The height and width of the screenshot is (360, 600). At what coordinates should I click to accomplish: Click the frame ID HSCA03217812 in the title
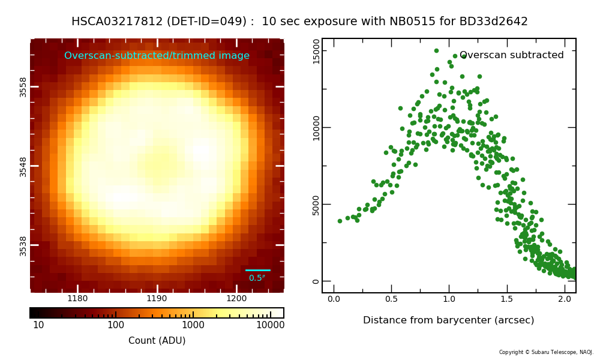117,21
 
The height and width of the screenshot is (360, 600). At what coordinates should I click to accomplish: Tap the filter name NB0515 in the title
413,21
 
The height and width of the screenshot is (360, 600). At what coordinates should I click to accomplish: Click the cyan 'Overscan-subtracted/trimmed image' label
157,55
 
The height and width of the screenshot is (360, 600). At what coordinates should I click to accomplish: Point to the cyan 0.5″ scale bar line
258,270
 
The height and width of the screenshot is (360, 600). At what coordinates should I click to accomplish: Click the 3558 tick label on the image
23,87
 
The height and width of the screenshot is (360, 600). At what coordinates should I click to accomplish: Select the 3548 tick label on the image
23,167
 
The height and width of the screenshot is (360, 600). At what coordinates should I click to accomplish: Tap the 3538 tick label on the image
23,246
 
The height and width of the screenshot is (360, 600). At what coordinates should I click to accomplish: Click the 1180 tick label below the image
77,298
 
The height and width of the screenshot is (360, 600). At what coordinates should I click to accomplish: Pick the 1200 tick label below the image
236,298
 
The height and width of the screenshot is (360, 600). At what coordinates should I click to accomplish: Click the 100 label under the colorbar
116,325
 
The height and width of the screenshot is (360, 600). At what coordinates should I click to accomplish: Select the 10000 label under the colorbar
270,325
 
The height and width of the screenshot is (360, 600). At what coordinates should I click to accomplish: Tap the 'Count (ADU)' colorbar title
157,340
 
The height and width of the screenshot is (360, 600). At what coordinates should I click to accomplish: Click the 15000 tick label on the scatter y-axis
316,51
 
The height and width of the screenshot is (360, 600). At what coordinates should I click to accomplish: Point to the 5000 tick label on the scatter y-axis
316,205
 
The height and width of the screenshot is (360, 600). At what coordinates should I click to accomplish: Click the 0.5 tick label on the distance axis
391,299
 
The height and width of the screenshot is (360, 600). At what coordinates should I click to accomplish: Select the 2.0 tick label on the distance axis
565,299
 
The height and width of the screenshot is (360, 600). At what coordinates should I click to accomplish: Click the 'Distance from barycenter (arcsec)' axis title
448,320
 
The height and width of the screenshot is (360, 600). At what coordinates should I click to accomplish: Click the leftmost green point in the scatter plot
340,221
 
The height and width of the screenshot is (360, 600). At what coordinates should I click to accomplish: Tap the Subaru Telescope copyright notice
546,352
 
